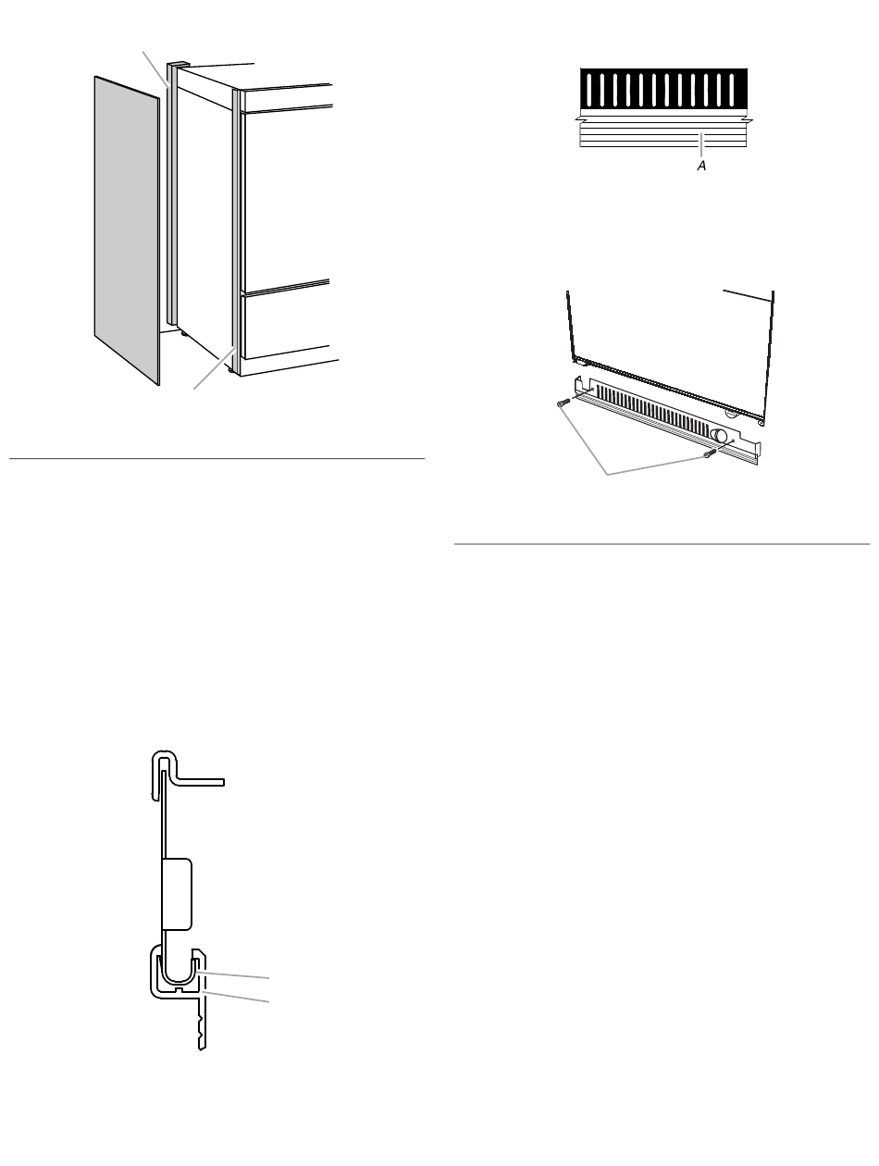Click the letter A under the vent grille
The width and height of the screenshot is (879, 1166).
tap(701, 166)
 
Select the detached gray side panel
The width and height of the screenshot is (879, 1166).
tap(127, 230)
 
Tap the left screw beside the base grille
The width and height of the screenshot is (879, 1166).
tap(563, 403)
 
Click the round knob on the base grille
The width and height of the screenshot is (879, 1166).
tap(719, 436)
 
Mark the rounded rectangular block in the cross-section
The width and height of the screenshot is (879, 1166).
tap(177, 894)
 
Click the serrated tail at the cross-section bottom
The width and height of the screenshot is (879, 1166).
tap(201, 1028)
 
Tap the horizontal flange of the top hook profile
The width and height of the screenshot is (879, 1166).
tap(199, 783)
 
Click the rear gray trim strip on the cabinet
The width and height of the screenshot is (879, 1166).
tap(171, 194)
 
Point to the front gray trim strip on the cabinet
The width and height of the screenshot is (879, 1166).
tap(236, 229)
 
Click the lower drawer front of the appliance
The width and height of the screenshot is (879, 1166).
tap(285, 322)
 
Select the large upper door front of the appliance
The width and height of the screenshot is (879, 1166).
tap(286, 199)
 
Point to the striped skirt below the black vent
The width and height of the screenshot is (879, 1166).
tap(662, 134)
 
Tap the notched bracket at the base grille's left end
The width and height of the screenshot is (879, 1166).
tap(583, 386)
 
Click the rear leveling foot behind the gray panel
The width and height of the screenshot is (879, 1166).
tap(184, 333)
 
